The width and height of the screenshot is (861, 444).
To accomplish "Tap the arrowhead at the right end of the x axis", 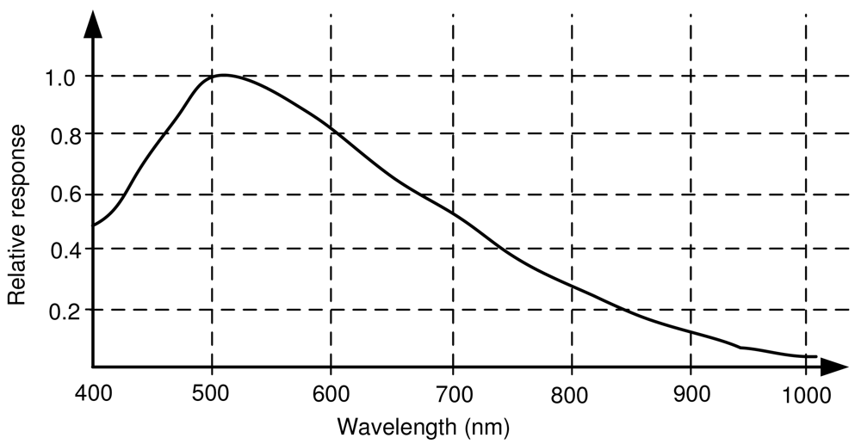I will click(x=833, y=366).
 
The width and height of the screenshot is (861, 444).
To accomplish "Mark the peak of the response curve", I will click(x=224, y=75).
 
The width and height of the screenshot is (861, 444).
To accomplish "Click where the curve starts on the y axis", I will click(x=94, y=225).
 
